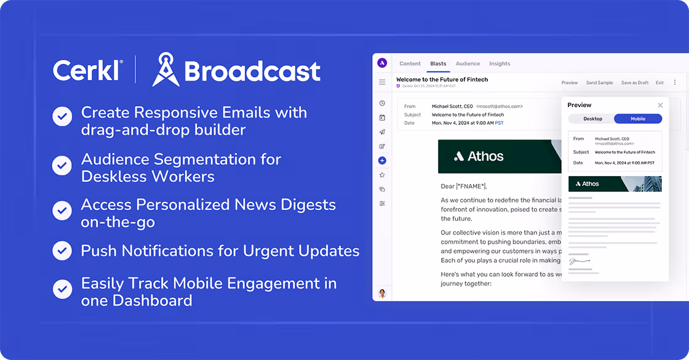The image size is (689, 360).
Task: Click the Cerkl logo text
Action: click(87, 70)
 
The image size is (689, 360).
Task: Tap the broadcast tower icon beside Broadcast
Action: click(165, 69)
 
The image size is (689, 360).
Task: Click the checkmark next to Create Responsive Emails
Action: click(62, 116)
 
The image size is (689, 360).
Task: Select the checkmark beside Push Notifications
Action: click(62, 250)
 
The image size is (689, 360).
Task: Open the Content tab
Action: click(410, 63)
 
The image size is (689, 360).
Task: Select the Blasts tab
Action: click(438, 63)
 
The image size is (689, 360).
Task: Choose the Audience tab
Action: click(468, 63)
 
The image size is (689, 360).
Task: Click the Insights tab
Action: click(500, 63)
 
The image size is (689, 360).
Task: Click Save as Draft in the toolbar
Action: click(635, 82)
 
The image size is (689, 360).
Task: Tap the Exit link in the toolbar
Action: click(659, 82)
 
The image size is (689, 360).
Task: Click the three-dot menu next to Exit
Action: click(675, 82)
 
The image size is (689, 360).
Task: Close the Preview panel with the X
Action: click(660, 105)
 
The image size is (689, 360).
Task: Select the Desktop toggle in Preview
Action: click(592, 119)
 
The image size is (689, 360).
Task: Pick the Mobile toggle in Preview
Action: click(638, 119)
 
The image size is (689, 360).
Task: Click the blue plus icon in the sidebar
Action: click(382, 161)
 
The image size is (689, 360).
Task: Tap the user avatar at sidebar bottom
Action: click(382, 294)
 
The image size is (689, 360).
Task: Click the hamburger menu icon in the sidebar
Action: click(382, 82)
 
